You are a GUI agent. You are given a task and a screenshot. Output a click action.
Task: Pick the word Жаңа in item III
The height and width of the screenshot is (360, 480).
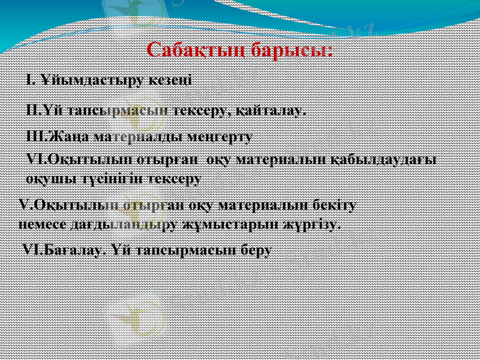(66, 136)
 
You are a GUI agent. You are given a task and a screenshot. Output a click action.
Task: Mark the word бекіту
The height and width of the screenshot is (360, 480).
(335, 205)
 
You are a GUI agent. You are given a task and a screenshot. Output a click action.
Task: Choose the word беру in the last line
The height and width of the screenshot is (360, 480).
(255, 249)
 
